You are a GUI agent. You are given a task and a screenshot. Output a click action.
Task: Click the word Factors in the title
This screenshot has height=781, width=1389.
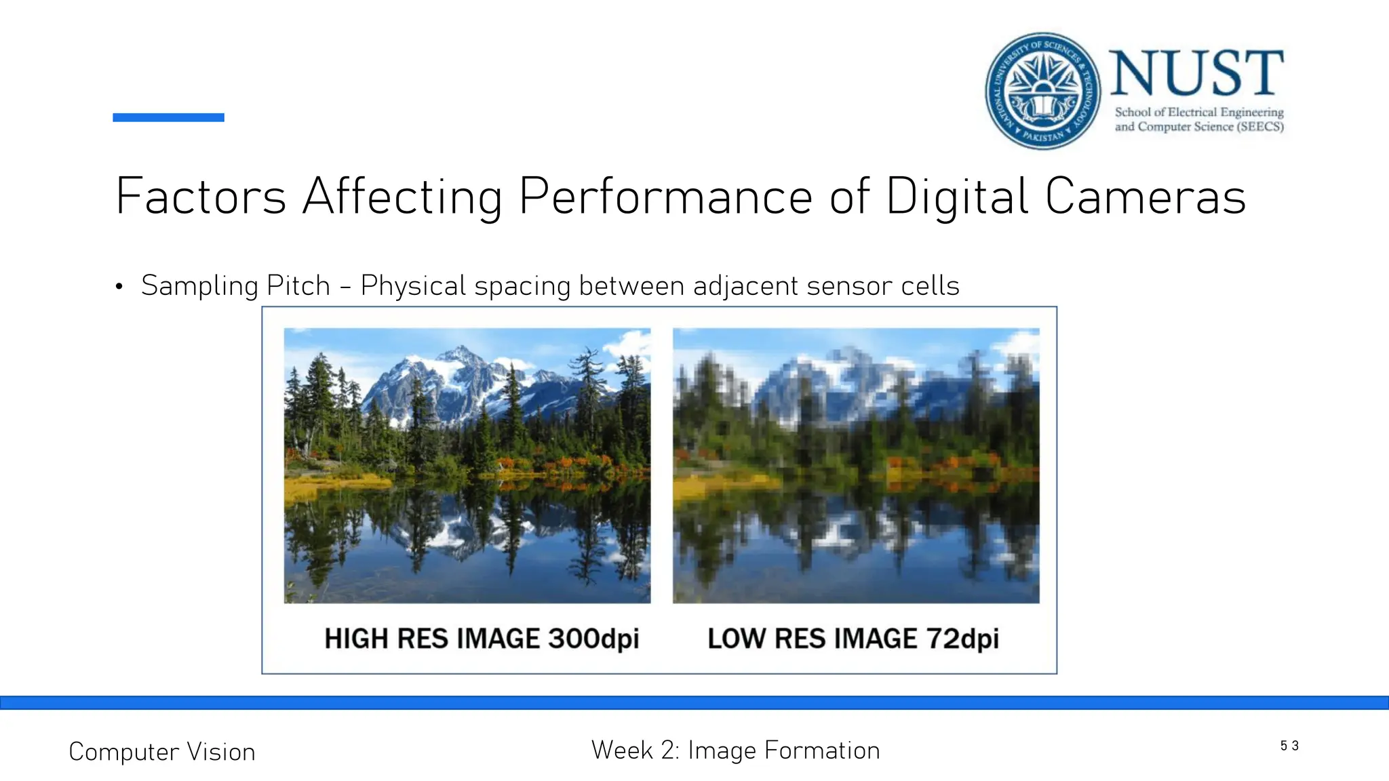tap(201, 197)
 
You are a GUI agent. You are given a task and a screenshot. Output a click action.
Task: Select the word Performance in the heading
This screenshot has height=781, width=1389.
tap(665, 197)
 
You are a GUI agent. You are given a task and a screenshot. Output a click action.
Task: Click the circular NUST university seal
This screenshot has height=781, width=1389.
tap(1042, 91)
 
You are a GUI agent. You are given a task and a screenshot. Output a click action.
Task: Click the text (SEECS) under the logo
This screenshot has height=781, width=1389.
tap(1260, 127)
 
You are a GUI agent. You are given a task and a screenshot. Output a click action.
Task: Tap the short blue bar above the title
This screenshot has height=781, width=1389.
tap(168, 117)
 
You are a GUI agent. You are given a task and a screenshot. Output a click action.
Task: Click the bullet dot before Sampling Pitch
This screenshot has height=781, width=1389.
tap(119, 287)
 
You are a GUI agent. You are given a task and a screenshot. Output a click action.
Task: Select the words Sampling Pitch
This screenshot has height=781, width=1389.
tap(235, 285)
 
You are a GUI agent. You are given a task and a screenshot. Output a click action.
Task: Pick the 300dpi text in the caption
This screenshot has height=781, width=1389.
tap(593, 639)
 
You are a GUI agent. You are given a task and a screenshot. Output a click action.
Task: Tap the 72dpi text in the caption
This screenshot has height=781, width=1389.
tap(962, 639)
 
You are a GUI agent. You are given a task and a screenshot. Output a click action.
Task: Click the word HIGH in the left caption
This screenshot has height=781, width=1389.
tap(356, 639)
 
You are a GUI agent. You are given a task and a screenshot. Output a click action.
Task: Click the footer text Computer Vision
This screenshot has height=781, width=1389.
tap(162, 752)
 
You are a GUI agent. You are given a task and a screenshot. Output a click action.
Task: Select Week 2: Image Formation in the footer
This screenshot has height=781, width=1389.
tap(735, 750)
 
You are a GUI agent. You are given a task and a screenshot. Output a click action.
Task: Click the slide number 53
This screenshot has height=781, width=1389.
tap(1289, 746)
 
